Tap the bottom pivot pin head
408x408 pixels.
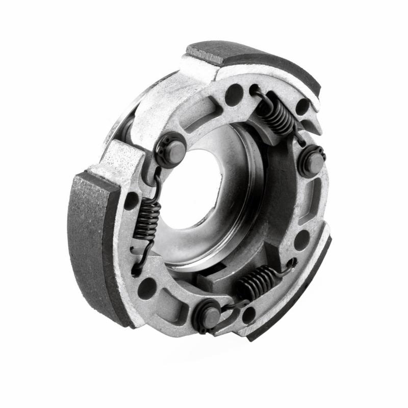pos(210,316)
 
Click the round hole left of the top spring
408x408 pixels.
pos(234,95)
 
